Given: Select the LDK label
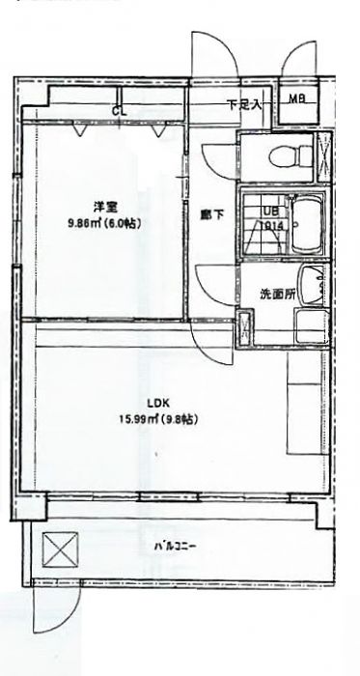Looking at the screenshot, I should pos(158,404).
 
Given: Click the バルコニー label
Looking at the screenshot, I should pos(176,547).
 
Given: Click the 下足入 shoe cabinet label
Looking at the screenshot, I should pos(244,104).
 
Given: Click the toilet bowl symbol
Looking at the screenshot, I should pos(281,155).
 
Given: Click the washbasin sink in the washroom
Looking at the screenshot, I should pos(311,286).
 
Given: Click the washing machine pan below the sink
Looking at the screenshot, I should pos(310,330).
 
